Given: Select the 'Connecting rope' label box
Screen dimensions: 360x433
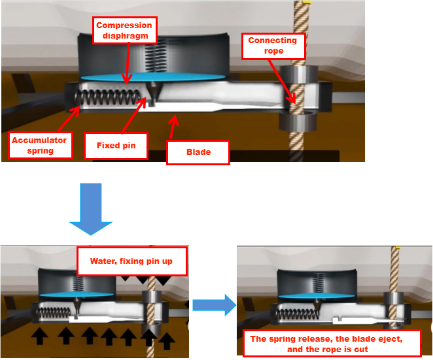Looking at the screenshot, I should [272, 45].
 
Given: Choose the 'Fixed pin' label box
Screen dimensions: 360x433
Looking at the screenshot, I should [116, 145].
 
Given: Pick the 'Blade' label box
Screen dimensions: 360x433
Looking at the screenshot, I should [198, 152].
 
